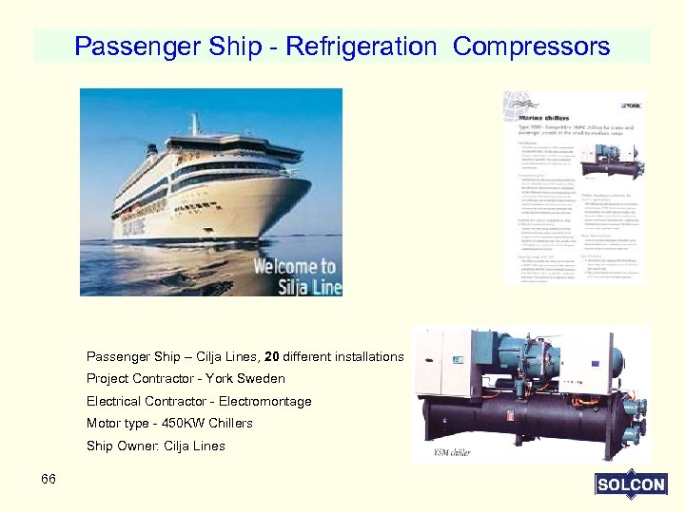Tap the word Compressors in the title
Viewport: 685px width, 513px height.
pos(532,46)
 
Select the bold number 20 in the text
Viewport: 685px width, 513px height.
pos(272,357)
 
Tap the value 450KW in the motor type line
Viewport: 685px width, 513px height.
pos(184,424)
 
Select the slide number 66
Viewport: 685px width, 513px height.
pos(49,479)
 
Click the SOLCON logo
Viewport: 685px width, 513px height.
pos(631,484)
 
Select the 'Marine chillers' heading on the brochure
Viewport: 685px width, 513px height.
pos(542,119)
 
